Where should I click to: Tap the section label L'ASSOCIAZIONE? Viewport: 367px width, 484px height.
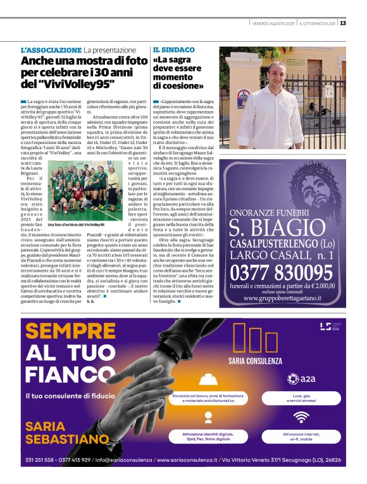tap(51, 50)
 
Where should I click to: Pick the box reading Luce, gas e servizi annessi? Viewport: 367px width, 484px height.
tap(301, 398)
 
